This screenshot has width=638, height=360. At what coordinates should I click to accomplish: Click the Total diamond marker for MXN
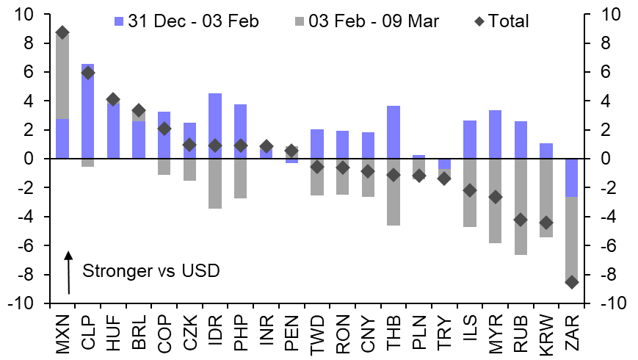click(x=62, y=32)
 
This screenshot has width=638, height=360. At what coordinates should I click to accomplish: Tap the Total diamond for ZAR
click(x=571, y=281)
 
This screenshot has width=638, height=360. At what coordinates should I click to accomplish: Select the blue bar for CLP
click(x=88, y=111)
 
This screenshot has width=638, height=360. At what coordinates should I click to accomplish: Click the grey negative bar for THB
click(x=394, y=192)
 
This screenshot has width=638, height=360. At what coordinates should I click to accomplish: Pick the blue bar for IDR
click(x=215, y=126)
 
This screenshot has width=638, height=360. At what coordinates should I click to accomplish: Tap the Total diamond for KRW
click(x=545, y=222)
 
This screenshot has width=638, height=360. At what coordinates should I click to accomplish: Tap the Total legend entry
click(x=510, y=21)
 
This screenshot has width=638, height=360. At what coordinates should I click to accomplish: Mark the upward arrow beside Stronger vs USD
click(x=68, y=272)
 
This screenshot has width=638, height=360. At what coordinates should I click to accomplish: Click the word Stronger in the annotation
click(x=113, y=271)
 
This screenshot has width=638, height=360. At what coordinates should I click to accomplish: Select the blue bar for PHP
click(x=241, y=132)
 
